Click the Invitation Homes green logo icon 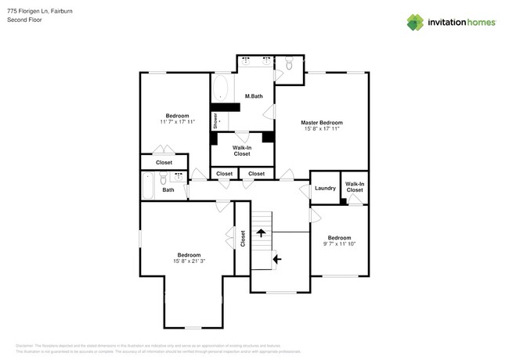click(x=415, y=22)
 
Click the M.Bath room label click(x=253, y=96)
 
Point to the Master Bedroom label click(x=322, y=123)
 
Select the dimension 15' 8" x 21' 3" click(x=189, y=261)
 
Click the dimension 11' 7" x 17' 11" click(x=177, y=122)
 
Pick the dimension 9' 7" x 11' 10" click(x=339, y=244)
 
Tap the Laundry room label click(x=325, y=188)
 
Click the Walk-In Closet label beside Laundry click(x=355, y=187)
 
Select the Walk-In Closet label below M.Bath click(x=242, y=150)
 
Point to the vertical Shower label click(x=215, y=121)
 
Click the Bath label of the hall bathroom click(x=168, y=189)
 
